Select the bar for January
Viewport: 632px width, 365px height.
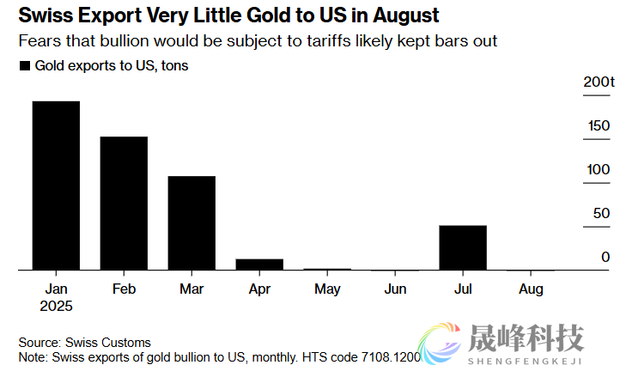[x=56, y=186]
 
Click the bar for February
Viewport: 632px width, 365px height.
[x=124, y=204]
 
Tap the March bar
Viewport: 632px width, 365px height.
[x=191, y=223]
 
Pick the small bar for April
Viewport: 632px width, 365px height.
[x=259, y=265]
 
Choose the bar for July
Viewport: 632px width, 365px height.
[x=463, y=247]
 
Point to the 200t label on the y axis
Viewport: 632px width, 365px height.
[x=599, y=82]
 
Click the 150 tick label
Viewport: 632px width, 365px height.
[x=599, y=126]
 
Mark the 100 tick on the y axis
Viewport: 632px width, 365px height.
[x=599, y=170]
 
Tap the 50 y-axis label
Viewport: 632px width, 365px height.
[x=602, y=213]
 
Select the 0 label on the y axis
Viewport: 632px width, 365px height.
[x=605, y=257]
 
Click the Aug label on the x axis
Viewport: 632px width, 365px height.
[x=532, y=289]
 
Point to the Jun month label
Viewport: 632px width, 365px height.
[x=395, y=289]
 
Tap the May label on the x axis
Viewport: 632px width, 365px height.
[x=327, y=289]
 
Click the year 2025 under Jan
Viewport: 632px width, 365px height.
[x=56, y=306]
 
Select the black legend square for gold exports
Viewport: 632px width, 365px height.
[x=24, y=66]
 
